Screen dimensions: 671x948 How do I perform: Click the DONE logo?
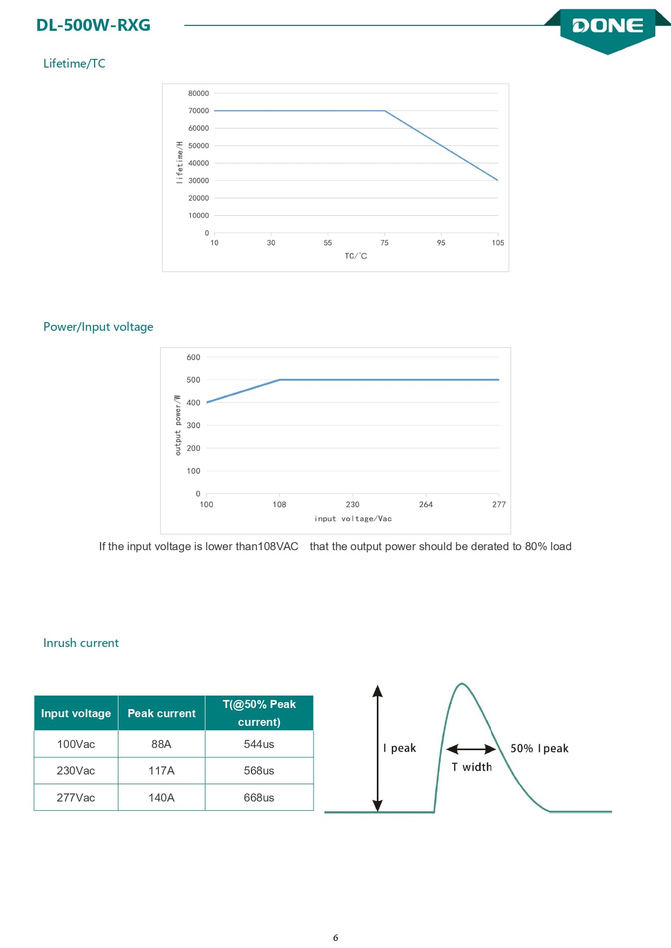click(x=608, y=26)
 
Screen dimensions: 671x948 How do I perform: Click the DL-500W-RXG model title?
click(x=93, y=25)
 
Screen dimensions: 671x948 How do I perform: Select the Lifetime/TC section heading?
click(x=74, y=63)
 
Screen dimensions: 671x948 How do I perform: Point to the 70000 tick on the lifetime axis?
click(x=198, y=111)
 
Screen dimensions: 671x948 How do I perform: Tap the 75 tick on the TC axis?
click(x=384, y=243)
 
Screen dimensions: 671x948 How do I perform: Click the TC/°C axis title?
click(x=356, y=256)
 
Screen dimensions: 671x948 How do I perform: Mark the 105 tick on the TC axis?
click(x=498, y=243)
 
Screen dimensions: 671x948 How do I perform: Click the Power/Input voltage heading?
click(x=98, y=326)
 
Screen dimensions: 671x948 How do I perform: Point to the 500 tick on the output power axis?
click(x=193, y=380)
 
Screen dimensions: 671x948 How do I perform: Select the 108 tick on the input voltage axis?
click(x=280, y=504)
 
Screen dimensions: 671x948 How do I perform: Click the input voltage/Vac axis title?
click(x=353, y=518)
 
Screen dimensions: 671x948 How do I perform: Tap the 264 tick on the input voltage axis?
click(x=426, y=504)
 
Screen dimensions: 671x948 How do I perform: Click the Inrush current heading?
click(x=81, y=643)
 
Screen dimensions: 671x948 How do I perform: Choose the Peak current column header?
click(x=162, y=713)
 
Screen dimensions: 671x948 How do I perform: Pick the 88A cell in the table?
click(x=161, y=744)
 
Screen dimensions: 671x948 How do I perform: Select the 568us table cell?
click(x=259, y=771)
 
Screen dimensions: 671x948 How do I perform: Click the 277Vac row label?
click(x=76, y=798)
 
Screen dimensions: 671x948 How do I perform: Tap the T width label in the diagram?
click(x=472, y=767)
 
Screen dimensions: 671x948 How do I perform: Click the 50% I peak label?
click(x=540, y=749)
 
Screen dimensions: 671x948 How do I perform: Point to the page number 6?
click(x=336, y=938)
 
